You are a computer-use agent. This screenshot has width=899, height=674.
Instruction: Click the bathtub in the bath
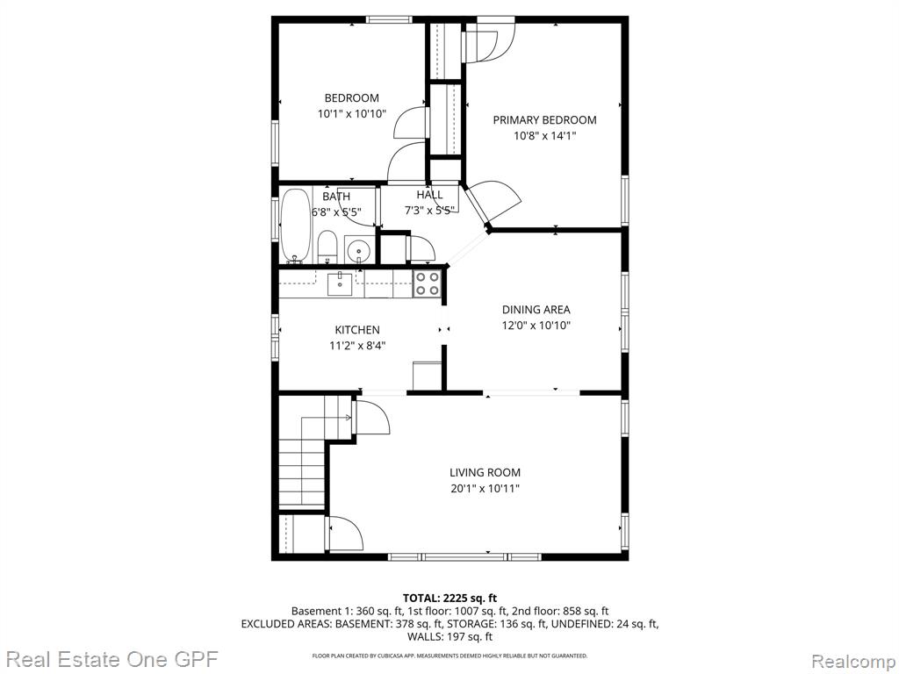(295, 226)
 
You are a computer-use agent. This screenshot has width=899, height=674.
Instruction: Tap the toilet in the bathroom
(327, 247)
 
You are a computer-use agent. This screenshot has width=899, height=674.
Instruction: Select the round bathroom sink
(359, 250)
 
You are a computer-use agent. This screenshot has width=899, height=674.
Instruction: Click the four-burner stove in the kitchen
(428, 283)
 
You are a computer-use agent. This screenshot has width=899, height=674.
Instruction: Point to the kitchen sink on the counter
(340, 283)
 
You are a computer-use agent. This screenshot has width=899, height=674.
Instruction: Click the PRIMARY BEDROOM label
(544, 119)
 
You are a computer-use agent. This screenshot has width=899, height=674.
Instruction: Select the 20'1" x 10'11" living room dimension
(485, 489)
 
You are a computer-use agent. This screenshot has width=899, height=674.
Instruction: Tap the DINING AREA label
(536, 310)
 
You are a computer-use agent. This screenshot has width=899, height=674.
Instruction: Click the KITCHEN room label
(357, 330)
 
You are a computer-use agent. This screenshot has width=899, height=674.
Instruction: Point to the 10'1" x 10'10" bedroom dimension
(352, 114)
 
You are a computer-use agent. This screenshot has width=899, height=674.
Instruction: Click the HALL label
(429, 195)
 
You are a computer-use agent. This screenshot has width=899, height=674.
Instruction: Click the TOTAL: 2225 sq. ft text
(450, 599)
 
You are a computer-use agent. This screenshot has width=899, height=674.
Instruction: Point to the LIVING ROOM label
(485, 473)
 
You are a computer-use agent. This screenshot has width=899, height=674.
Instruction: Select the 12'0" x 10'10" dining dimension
(536, 326)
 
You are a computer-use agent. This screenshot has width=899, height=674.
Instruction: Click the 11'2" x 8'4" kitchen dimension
(357, 346)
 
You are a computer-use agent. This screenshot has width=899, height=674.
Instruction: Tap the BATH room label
(336, 197)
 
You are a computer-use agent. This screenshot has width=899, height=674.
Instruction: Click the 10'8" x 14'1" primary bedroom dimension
(544, 136)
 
